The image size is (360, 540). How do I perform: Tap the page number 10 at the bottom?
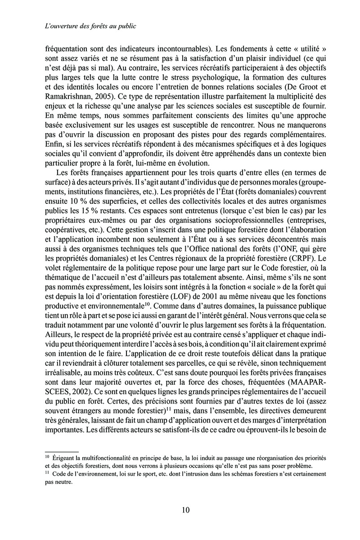tap(185, 509)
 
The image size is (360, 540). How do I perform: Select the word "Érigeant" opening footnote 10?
tap(65, 458)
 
